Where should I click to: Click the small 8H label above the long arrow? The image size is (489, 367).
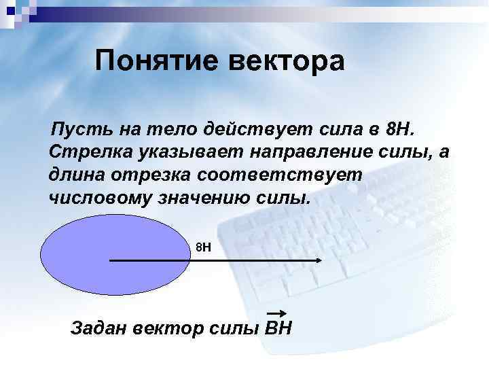[203, 247]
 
